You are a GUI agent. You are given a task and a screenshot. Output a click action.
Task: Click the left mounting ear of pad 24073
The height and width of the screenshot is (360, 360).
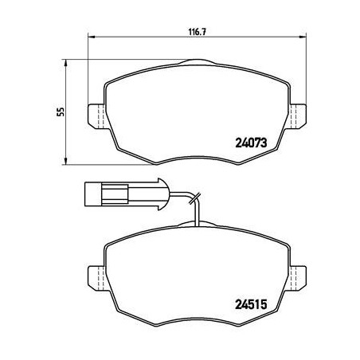[x=93, y=117]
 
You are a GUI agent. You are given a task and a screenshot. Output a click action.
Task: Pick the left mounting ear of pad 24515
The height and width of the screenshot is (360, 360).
[x=93, y=276]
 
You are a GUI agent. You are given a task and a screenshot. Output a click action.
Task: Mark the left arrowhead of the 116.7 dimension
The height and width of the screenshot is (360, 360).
[x=89, y=37]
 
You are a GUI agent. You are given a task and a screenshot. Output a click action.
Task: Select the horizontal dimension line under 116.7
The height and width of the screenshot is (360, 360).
[x=143, y=37]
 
